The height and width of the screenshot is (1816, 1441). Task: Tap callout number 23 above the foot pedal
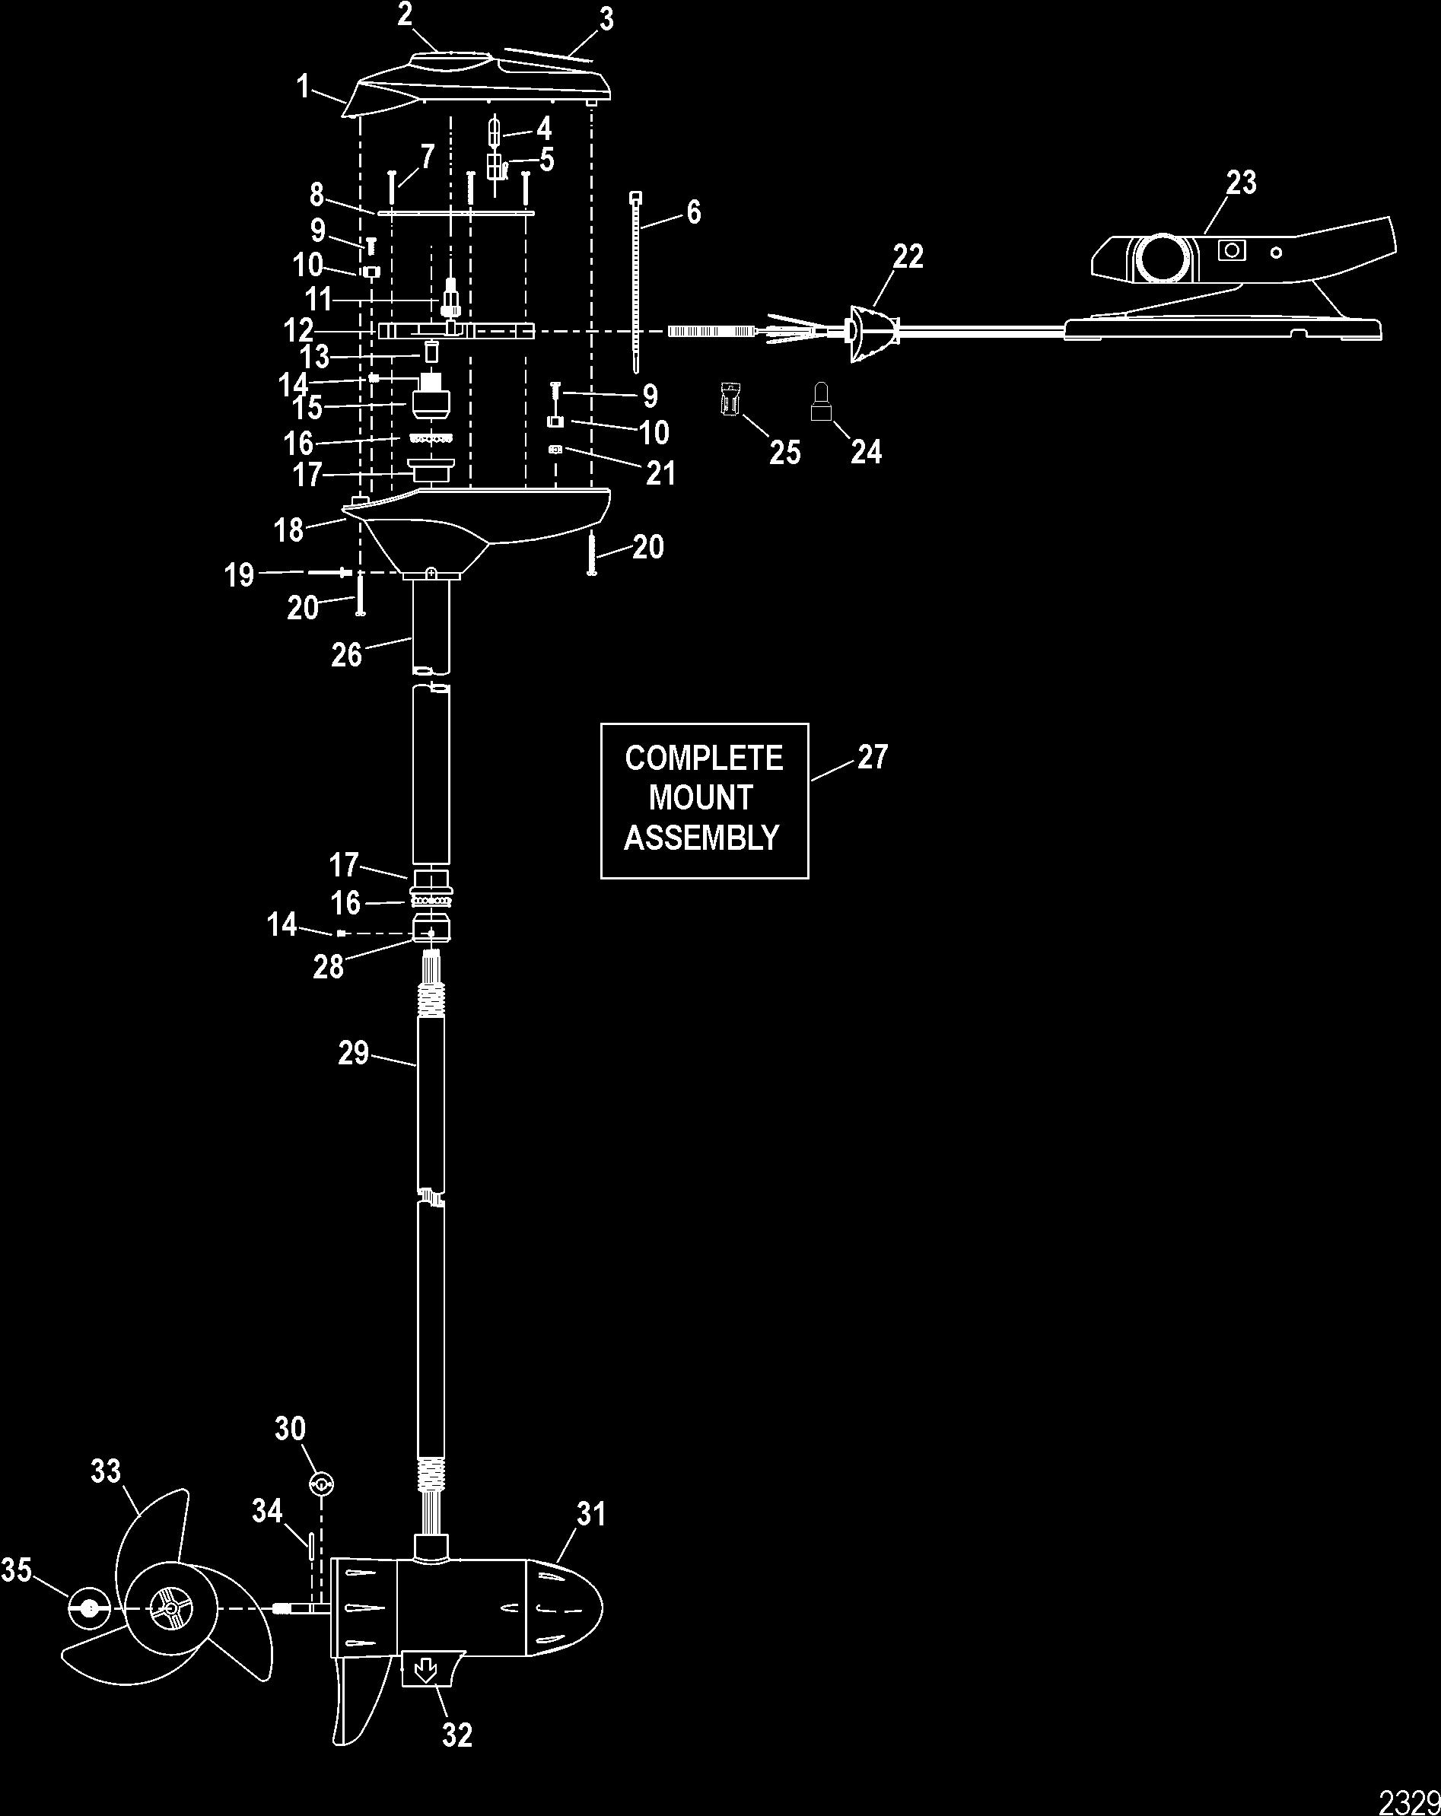click(x=1241, y=183)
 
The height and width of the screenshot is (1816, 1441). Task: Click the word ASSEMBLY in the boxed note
click(x=701, y=838)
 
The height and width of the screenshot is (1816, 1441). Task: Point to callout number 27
click(x=873, y=757)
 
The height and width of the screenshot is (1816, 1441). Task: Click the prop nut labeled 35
click(x=88, y=1608)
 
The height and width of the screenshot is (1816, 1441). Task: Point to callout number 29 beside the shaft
click(x=354, y=1053)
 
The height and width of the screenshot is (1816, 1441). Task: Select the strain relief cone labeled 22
click(x=867, y=332)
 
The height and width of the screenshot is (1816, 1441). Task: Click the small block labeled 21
click(x=554, y=450)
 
